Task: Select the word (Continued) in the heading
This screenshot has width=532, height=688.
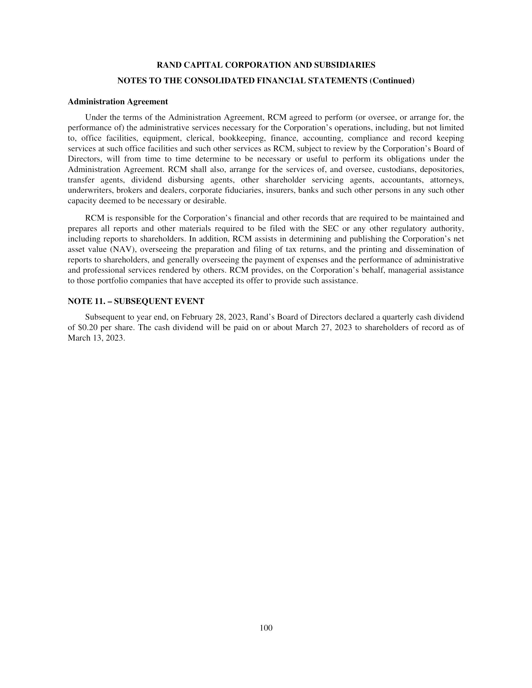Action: (x=392, y=81)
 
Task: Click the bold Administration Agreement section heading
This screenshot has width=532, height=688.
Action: (x=118, y=102)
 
